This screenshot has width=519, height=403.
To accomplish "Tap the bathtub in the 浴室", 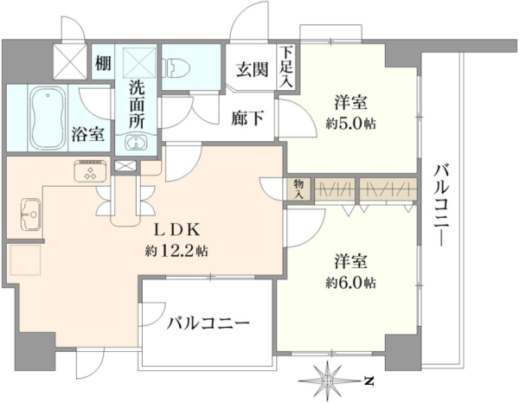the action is pos(48,117).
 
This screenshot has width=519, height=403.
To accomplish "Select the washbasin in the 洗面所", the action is pos(136,143).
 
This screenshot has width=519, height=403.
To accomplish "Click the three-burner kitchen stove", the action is pos(91,171).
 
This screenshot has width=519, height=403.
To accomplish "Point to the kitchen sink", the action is pos(30,214).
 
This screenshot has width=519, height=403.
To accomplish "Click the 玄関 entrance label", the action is pos(252,69).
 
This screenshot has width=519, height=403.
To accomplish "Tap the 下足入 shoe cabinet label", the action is pos(286,67).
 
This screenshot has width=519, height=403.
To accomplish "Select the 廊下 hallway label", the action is pos(247,118).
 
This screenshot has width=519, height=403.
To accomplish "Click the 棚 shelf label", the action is pos(103,63).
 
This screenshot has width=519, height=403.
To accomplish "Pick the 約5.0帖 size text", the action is pos(350,124).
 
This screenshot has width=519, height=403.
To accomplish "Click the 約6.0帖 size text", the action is pos(350,283).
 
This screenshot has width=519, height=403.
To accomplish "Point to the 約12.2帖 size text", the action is pos(176,251).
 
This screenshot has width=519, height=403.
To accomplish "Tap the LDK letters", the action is pos(177,230).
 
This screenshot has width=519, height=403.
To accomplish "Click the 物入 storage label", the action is pos(298,189).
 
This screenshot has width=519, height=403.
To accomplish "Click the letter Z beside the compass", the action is pos(369,381).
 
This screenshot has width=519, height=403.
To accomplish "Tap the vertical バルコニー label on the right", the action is pos(441,205).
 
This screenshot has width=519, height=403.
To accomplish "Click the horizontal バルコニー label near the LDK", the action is pos(208,323).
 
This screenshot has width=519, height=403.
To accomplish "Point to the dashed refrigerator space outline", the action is pos(25,259).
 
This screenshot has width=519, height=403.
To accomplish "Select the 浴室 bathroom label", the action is pos(88,134).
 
